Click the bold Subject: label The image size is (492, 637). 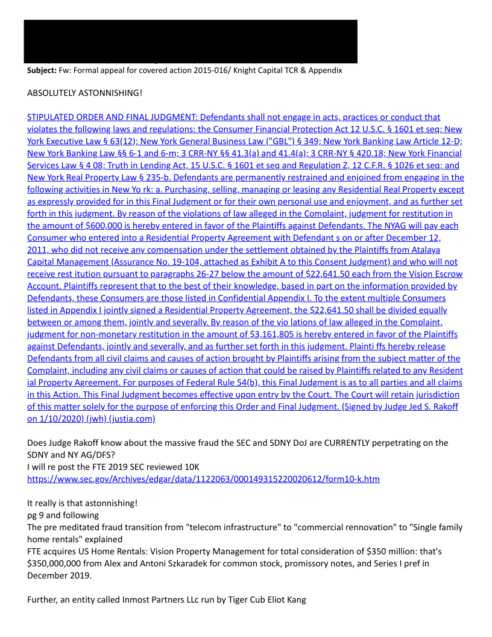point(42,71)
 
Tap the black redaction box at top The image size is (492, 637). point(191,41)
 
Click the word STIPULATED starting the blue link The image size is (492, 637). point(52,117)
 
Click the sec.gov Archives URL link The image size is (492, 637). point(203,479)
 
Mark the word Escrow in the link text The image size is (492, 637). point(444,274)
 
